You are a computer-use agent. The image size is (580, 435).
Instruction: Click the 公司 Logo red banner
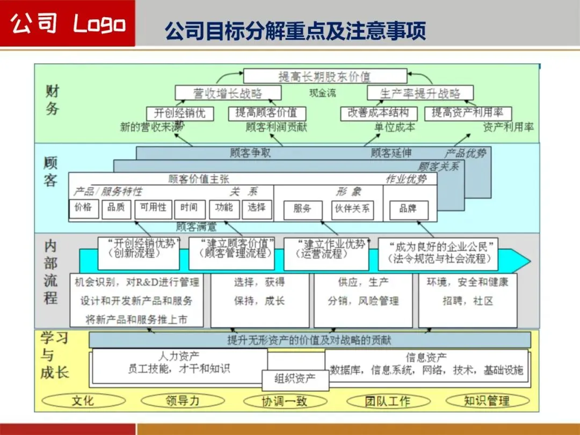click(x=68, y=24)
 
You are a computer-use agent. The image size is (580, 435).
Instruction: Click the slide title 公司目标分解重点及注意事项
click(x=295, y=31)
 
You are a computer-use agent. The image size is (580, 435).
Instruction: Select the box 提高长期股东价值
click(x=324, y=76)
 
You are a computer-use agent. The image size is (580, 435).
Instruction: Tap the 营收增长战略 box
click(x=228, y=93)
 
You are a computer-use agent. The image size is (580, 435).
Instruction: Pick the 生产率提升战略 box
click(x=421, y=93)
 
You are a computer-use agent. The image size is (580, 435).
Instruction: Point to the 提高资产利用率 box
click(x=468, y=113)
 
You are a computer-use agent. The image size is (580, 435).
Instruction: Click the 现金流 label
click(x=323, y=93)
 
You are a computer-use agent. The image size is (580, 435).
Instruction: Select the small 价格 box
click(x=84, y=208)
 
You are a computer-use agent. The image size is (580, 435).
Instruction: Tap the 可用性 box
click(x=153, y=208)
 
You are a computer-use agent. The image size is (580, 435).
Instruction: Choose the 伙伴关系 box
click(x=352, y=209)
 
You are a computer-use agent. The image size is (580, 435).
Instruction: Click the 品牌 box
click(x=408, y=209)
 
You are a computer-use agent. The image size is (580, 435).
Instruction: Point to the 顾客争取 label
click(x=250, y=153)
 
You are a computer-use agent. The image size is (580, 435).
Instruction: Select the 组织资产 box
click(x=295, y=380)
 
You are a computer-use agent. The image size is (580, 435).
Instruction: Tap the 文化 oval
click(x=83, y=401)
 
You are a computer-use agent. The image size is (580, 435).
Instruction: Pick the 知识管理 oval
click(x=487, y=401)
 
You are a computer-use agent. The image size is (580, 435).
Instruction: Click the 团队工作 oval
click(x=388, y=401)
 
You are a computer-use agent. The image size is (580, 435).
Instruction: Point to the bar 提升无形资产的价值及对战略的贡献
click(x=309, y=340)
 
